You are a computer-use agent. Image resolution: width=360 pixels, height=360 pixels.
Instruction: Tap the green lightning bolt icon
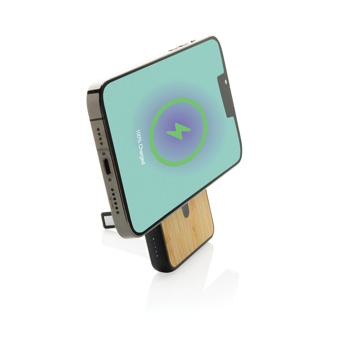point(178,131)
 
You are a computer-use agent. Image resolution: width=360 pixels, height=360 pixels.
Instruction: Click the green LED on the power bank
point(153,240)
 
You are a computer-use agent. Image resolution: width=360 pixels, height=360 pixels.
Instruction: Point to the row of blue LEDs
point(155,249)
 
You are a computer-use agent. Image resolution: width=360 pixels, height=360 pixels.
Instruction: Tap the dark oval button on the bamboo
point(187,210)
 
